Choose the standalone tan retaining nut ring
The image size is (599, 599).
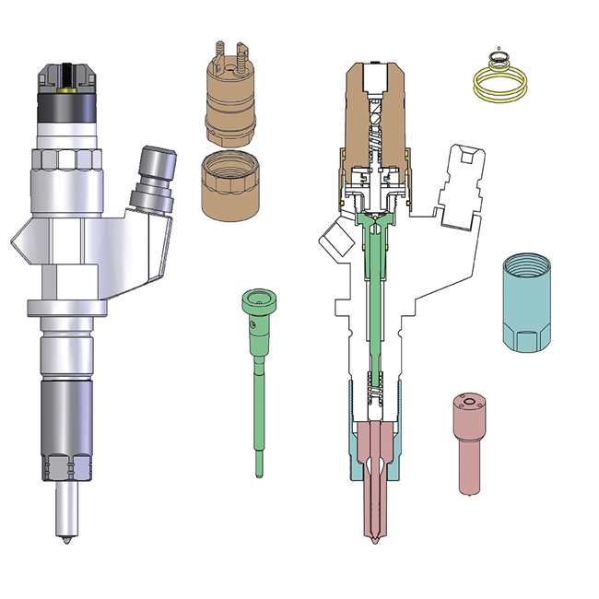229,184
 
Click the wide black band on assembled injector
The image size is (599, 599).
66,115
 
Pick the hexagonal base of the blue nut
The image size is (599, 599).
528,339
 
